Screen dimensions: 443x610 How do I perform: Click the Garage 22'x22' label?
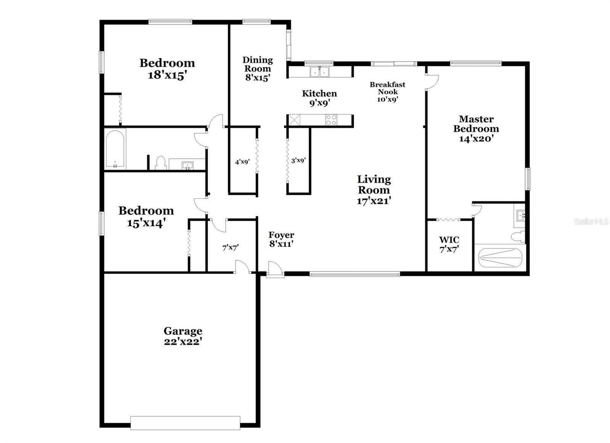coord(183,336)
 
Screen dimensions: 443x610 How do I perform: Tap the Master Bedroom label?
coord(476,129)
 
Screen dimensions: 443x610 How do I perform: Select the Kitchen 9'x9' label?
coord(319,98)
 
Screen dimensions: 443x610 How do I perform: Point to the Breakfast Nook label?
coord(387,92)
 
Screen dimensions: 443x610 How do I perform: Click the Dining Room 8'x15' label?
coord(257,69)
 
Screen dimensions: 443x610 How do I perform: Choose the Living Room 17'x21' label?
coord(374,190)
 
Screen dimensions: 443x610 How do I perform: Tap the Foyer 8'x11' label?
coord(281,240)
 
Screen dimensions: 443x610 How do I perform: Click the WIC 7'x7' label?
coord(449,245)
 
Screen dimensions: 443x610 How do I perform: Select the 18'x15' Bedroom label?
coord(167,69)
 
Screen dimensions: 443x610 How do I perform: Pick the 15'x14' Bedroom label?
coord(146,216)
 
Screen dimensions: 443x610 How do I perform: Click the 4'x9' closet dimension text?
coord(242,162)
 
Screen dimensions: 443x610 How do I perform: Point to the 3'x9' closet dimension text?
coord(298,161)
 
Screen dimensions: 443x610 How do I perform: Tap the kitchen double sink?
coord(319,72)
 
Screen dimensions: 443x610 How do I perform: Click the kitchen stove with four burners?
coord(331,120)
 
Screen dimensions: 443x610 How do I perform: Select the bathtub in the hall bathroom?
coord(115,149)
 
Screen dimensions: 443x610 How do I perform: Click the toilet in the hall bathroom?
coord(161,163)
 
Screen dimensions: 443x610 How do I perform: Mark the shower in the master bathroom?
coord(500,258)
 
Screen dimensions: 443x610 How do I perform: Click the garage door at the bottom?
coord(185,423)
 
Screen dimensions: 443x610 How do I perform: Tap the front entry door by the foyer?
coord(275,269)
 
